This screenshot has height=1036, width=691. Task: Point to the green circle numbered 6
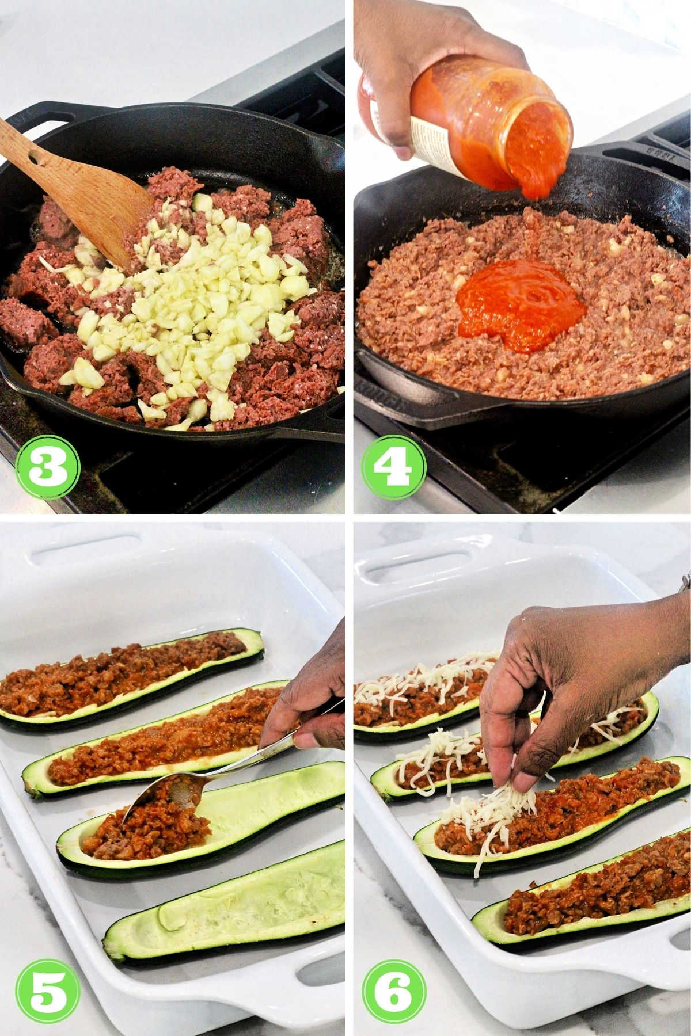394,987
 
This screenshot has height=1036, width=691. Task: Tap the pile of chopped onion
190,299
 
